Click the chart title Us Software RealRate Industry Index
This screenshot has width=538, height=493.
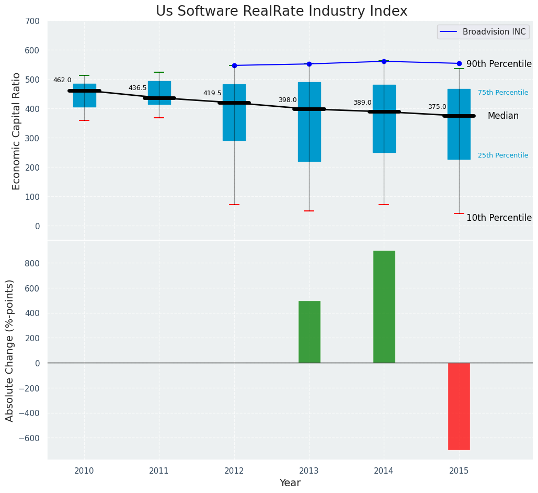click(281, 12)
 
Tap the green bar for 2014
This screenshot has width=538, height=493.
click(384, 307)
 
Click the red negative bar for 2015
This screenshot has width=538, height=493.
click(459, 406)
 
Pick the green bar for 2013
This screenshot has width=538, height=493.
click(309, 332)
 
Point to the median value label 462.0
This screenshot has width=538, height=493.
click(62, 80)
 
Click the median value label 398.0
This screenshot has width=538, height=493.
click(287, 100)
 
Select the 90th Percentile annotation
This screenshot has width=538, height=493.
click(498, 64)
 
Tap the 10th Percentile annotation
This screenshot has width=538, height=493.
click(498, 218)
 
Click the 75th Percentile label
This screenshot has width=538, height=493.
click(502, 93)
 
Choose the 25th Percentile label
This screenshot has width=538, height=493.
click(502, 155)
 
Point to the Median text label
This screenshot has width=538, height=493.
click(502, 116)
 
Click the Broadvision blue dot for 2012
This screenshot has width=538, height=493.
click(234, 65)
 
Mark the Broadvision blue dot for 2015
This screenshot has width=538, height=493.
click(459, 63)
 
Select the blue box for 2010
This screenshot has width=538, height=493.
click(84, 96)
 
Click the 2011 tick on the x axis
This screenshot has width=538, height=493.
click(159, 470)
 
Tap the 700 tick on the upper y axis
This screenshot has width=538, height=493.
click(31, 21)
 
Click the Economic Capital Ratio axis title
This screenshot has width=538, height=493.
click(17, 131)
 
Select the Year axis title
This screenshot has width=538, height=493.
click(290, 483)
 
